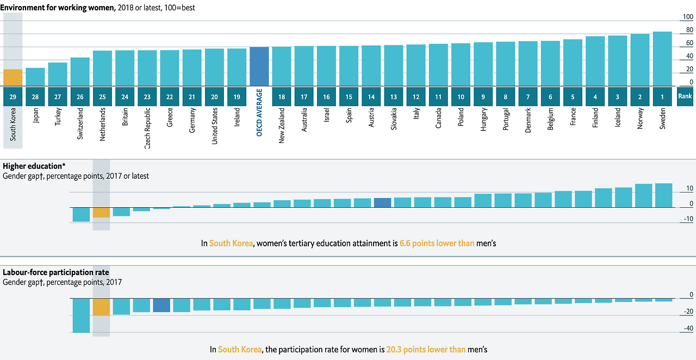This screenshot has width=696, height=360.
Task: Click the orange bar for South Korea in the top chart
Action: [x=13, y=77]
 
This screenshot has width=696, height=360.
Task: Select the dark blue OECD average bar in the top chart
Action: [x=259, y=66]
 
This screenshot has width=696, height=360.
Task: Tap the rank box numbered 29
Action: [x=13, y=97]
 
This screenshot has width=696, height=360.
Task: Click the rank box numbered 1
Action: [x=662, y=97]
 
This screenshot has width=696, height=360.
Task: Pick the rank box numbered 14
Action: [x=371, y=97]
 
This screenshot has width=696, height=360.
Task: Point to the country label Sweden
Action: [x=662, y=117]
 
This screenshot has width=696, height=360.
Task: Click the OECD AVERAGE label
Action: [x=259, y=112]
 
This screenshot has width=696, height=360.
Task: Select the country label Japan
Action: [x=35, y=115]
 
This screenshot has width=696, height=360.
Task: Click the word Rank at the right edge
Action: [x=685, y=96]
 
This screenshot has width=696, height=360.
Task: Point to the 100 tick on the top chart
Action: [x=688, y=17]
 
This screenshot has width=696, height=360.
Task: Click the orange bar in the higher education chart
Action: [x=101, y=212]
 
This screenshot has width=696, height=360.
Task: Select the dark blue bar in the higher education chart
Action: [x=382, y=202]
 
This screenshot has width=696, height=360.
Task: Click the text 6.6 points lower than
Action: [x=437, y=244]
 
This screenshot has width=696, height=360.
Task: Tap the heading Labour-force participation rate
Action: [x=56, y=272]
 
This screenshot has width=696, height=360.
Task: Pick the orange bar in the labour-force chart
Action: [x=101, y=307]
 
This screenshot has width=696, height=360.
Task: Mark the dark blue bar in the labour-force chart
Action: [x=161, y=305]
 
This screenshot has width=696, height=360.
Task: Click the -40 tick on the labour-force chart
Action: [x=687, y=328]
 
